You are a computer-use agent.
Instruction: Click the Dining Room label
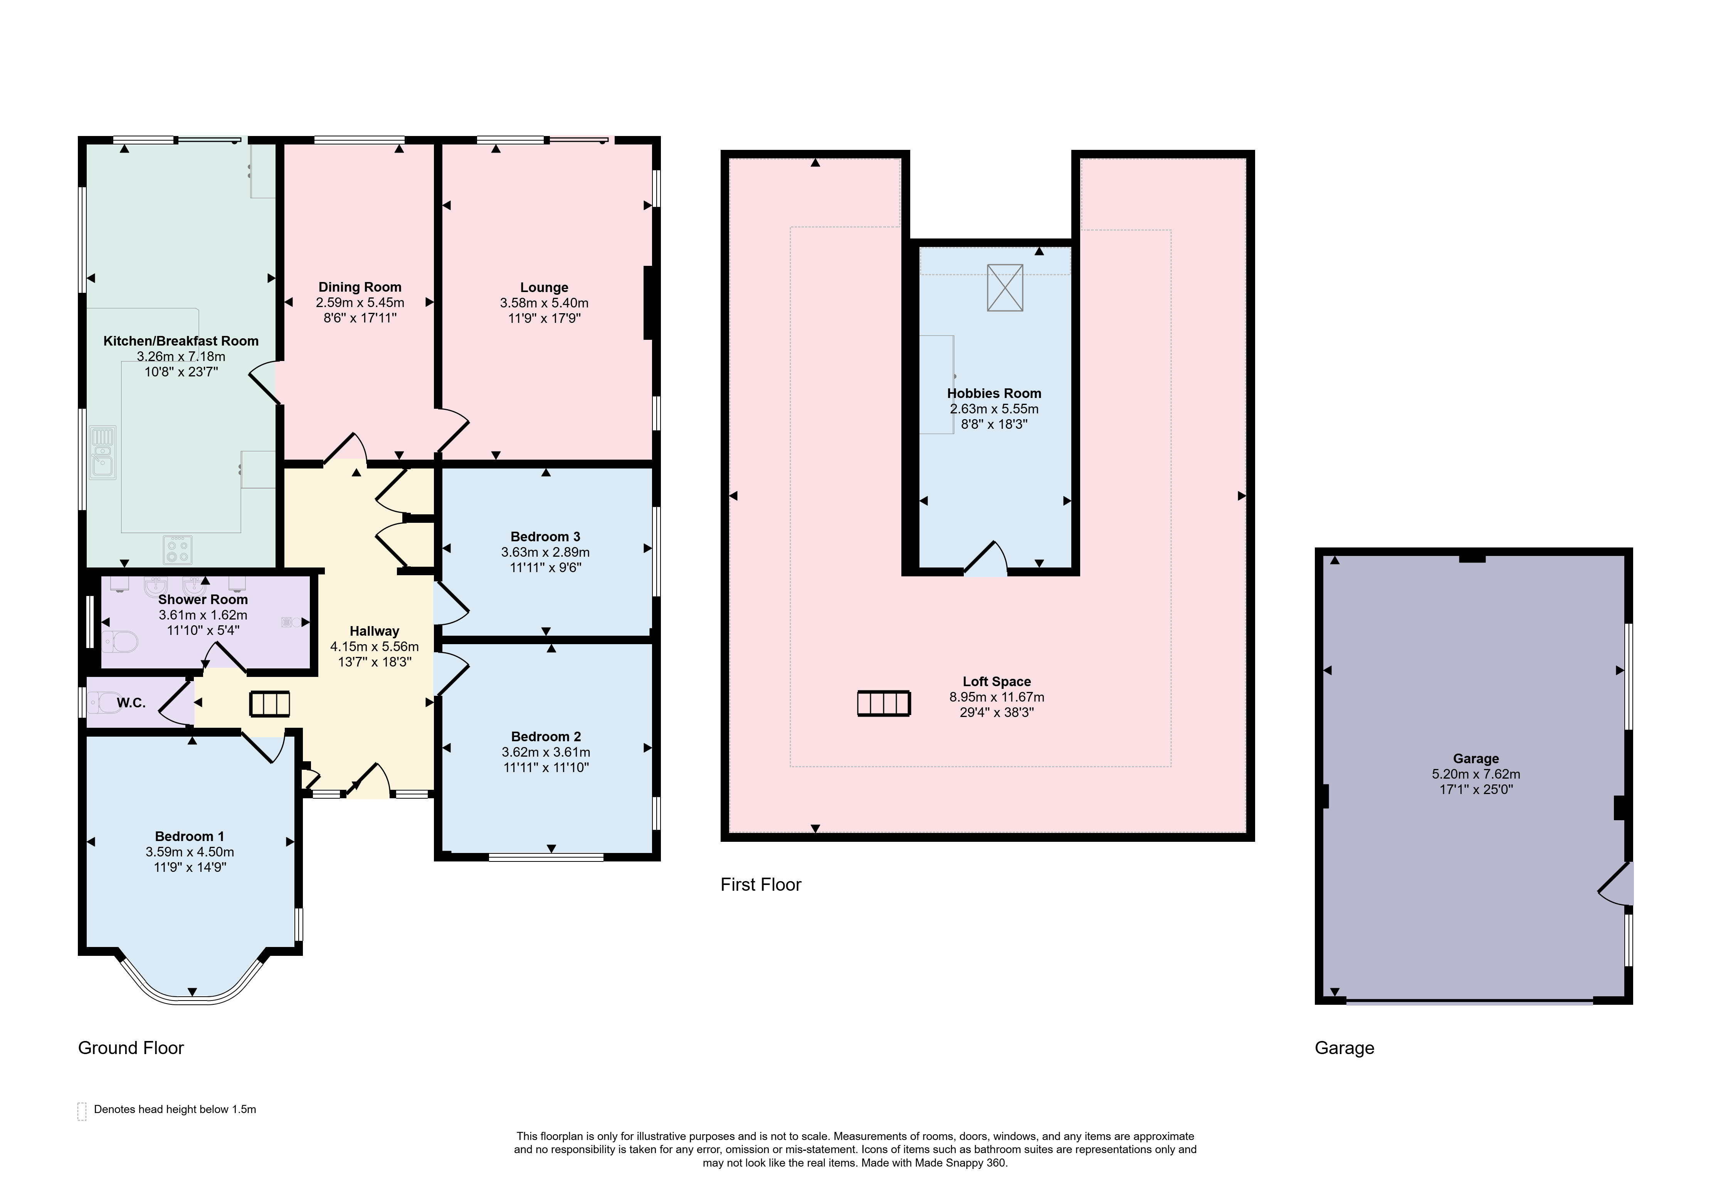point(360,287)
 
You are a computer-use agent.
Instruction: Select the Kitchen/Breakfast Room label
point(181,341)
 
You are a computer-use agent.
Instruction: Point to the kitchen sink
point(103,452)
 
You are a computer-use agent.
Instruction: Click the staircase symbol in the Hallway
point(269,703)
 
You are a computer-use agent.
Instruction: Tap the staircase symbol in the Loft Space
point(884,703)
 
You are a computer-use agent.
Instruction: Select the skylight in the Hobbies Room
point(1005,288)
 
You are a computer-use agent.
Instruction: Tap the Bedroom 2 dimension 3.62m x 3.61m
point(546,752)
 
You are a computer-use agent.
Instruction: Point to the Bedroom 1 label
point(190,836)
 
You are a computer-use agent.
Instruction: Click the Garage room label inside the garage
point(1476,759)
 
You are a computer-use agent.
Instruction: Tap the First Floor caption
point(761,884)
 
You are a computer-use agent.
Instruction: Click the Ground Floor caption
point(131,1048)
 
